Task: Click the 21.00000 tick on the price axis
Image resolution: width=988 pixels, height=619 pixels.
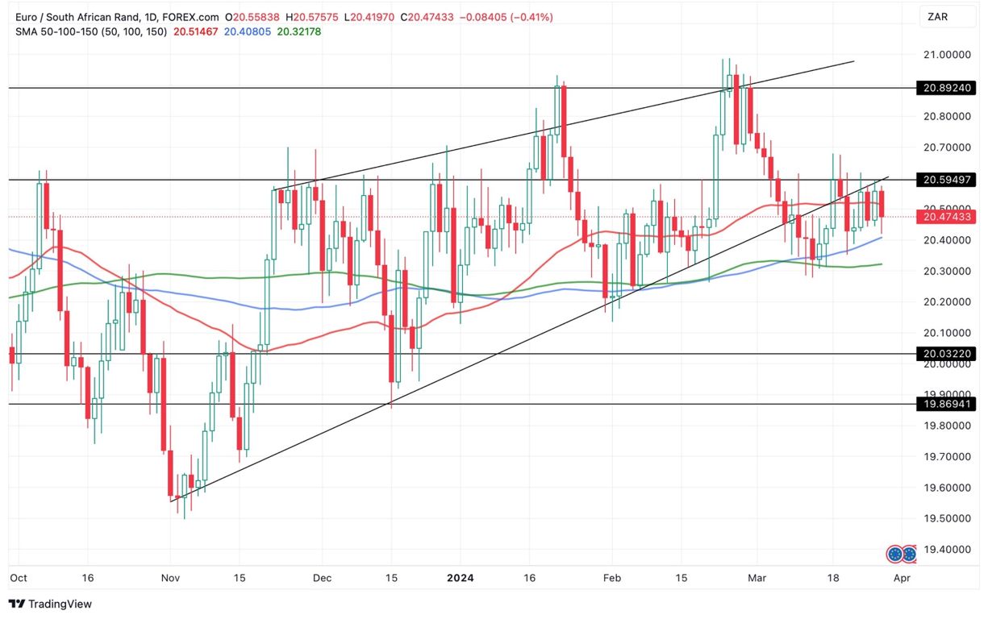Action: (945, 55)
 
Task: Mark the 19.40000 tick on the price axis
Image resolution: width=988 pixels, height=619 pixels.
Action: (945, 550)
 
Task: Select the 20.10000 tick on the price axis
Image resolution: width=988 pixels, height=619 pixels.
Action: (945, 333)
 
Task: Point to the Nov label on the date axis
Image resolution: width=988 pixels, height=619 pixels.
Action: (171, 578)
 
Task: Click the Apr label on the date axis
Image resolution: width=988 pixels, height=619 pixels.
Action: (903, 578)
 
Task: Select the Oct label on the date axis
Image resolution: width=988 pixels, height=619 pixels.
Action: (18, 578)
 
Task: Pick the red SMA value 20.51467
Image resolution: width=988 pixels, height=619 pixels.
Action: (196, 31)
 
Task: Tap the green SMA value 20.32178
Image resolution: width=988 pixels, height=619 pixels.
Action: (298, 31)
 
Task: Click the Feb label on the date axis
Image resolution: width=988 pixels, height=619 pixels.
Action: (613, 578)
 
